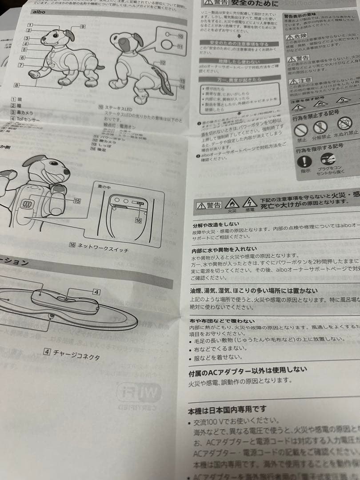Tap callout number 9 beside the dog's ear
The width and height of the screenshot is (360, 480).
(x=83, y=27)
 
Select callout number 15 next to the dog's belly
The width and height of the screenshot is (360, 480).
(x=77, y=201)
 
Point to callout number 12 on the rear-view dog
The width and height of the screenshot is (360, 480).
(x=163, y=63)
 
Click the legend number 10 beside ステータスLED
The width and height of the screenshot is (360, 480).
(x=101, y=107)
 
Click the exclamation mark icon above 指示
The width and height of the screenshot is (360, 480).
(x=305, y=161)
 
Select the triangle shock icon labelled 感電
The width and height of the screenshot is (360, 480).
(x=250, y=202)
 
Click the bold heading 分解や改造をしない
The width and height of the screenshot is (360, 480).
(x=216, y=224)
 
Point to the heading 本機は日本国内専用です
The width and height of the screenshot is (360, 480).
(x=228, y=408)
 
